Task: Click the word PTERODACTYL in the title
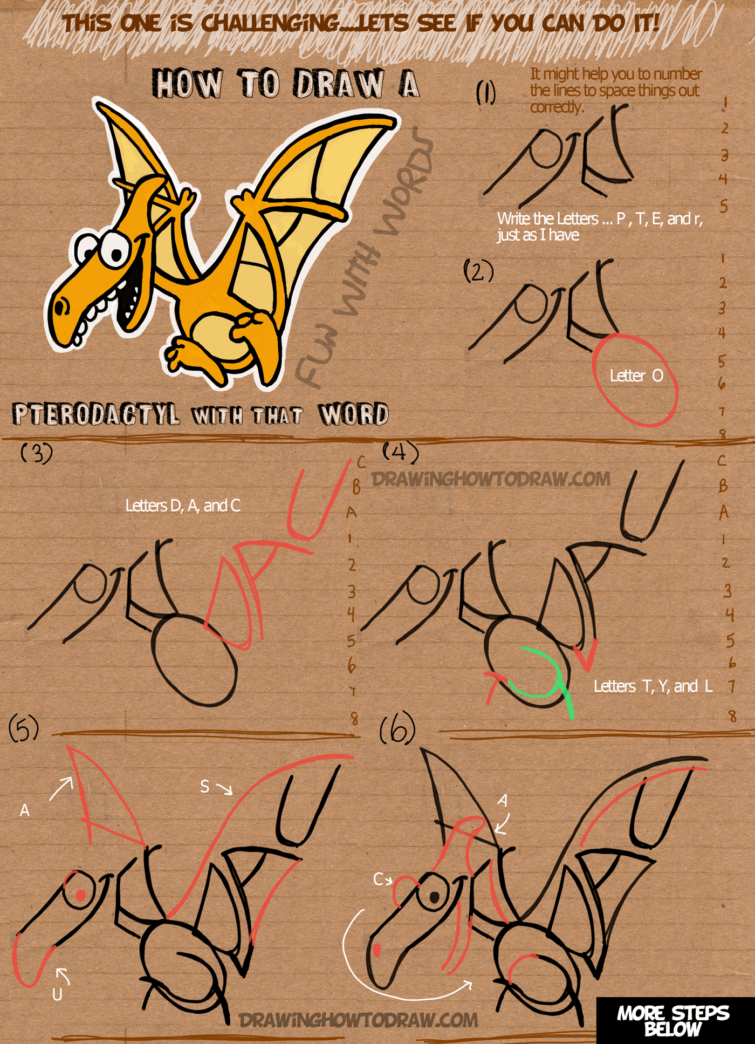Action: click(x=96, y=414)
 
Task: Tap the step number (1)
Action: click(x=485, y=92)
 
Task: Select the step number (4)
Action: click(x=400, y=452)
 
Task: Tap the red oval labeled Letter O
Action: click(x=635, y=380)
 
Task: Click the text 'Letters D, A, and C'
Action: click(x=183, y=506)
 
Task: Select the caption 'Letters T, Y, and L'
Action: click(x=653, y=686)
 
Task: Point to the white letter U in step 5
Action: click(x=57, y=994)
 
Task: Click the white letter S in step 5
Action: click(x=204, y=787)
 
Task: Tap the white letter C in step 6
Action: click(x=378, y=879)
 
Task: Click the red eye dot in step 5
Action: click(x=80, y=896)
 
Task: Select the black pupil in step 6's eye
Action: click(x=434, y=897)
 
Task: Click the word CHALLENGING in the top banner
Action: click(x=270, y=23)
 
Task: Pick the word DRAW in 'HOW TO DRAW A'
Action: click(x=339, y=84)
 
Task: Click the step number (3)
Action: click(x=37, y=453)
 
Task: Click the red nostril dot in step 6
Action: click(x=377, y=949)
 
